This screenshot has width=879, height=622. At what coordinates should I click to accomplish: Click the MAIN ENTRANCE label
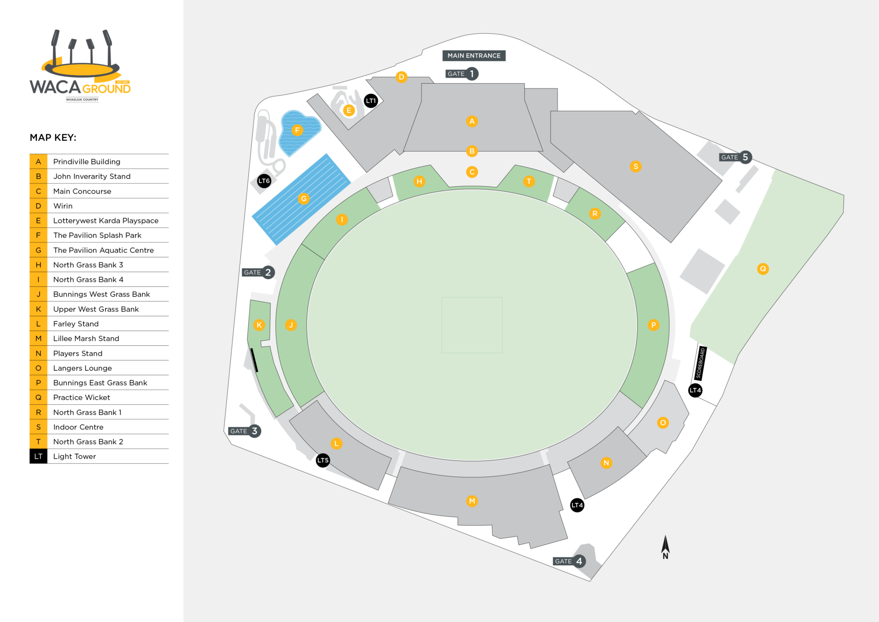coord(474,55)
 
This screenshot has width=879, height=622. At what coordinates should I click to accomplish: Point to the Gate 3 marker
coord(245,431)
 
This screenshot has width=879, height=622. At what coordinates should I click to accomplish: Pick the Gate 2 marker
coord(258,272)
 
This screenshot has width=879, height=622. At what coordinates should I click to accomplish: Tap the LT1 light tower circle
coord(371,101)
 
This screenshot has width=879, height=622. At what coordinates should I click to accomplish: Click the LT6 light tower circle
coord(264,181)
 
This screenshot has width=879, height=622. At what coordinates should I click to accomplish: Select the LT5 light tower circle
coord(323,461)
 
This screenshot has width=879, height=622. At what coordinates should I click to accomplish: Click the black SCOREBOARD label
coord(701,363)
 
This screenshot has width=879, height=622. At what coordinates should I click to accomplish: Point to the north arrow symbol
coord(665,547)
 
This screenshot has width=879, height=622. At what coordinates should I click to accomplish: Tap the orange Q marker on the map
coord(763,269)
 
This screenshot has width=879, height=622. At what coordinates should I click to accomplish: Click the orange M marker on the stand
coord(472,501)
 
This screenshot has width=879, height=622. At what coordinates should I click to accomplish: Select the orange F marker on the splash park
coord(298,130)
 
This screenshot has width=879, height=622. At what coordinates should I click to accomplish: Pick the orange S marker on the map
coord(636,166)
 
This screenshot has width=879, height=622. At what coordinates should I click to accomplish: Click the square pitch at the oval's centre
coord(472,325)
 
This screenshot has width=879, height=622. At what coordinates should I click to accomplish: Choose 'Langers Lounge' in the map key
coord(83,368)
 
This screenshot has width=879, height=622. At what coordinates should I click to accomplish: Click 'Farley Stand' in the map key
coord(76,324)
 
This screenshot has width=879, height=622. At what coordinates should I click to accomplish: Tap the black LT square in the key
coord(38,456)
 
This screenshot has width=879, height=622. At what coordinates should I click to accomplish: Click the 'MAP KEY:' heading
coord(53,138)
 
